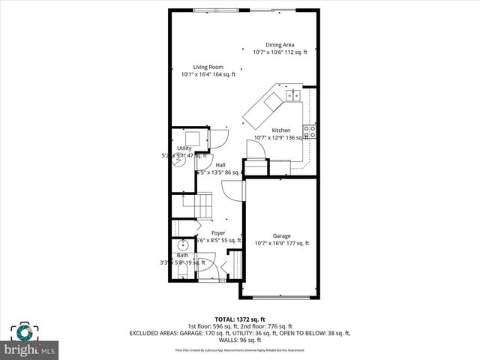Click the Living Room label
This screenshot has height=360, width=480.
(208, 67)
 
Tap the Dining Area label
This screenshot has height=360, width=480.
(280, 45)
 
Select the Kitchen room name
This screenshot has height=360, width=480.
(280, 130)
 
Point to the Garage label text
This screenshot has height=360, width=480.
(281, 235)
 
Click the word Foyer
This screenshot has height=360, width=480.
(217, 233)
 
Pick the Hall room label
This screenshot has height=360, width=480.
(220, 165)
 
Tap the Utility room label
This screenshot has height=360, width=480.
(184, 148)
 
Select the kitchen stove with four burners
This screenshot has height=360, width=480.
(309, 133)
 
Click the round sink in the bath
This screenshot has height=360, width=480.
(182, 245)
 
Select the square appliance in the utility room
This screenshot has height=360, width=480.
(193, 138)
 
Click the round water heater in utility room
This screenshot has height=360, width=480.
(180, 163)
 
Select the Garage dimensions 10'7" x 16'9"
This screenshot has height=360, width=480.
(281, 243)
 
